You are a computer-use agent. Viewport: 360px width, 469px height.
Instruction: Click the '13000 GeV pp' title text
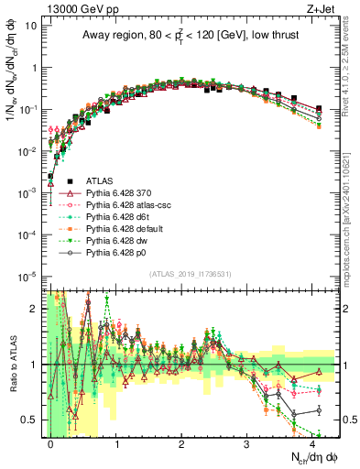point(76,6)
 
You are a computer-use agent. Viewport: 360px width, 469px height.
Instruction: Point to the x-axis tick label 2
point(181,442)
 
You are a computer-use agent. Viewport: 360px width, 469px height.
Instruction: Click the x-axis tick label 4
point(312,442)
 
